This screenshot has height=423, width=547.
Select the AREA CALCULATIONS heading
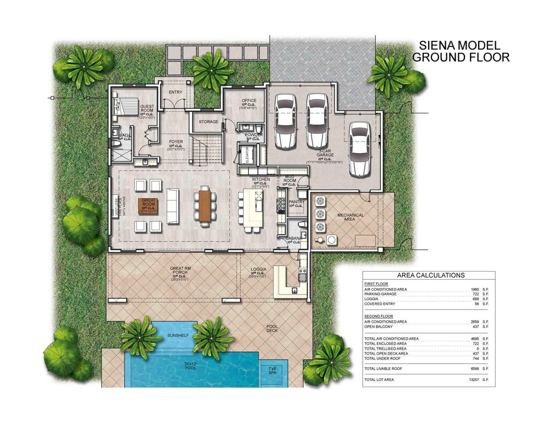430,275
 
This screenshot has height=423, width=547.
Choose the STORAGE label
209,121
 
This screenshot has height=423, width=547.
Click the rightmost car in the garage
359,147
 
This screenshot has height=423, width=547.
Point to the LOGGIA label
258,269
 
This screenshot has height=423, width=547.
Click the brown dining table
206,207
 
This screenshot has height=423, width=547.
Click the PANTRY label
297,202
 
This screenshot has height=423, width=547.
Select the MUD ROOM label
289,180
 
